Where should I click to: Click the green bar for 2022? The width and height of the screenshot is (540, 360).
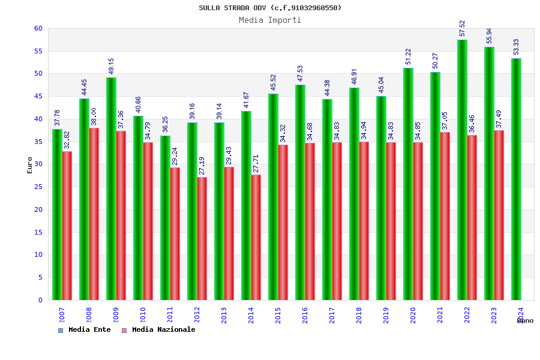click(x=462, y=170)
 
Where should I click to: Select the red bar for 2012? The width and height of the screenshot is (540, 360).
click(x=202, y=238)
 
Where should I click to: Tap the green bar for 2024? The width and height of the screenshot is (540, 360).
click(x=516, y=179)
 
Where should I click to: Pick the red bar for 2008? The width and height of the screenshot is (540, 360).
click(x=94, y=214)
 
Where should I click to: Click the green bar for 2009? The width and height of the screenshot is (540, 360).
click(x=111, y=188)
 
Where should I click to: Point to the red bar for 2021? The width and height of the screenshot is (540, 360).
click(x=445, y=216)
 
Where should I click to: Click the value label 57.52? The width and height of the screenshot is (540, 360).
click(x=462, y=28)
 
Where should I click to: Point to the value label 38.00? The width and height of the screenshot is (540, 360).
click(x=94, y=116)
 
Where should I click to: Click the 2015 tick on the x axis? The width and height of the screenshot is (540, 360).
click(x=278, y=315)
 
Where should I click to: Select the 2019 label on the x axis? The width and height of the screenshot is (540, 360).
click(x=386, y=315)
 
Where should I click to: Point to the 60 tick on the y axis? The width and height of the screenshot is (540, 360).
click(x=38, y=29)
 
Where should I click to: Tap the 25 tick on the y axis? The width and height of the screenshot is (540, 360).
click(x=38, y=187)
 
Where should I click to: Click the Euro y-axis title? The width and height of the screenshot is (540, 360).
click(x=30, y=165)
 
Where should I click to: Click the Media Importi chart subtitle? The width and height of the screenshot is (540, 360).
click(x=270, y=20)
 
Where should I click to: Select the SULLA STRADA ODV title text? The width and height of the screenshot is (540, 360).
click(x=270, y=8)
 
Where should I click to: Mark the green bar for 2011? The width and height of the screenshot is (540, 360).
click(x=165, y=218)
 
